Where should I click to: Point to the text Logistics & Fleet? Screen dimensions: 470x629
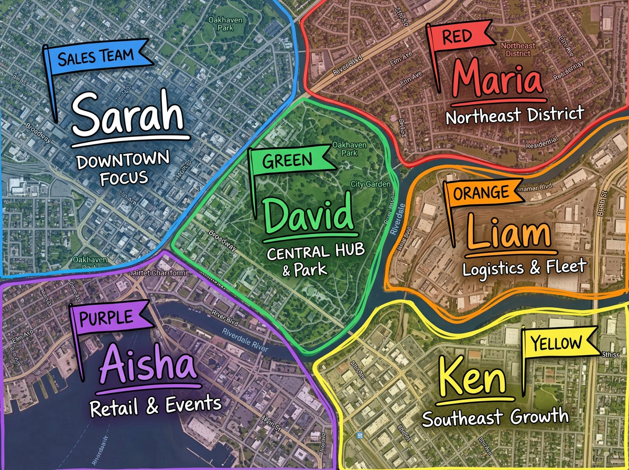click(x=524, y=268)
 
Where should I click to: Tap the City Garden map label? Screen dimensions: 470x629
click(x=371, y=184)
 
